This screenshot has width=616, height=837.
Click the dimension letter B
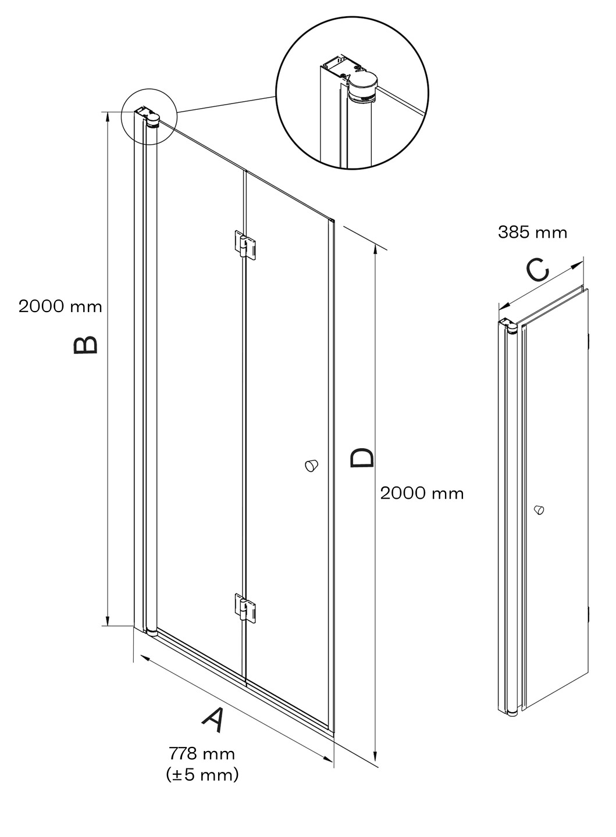pyautogui.click(x=86, y=344)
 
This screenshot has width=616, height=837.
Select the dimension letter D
pyautogui.click(x=362, y=458)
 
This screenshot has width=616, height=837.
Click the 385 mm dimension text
pyautogui.click(x=533, y=233)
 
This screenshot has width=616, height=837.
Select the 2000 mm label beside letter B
pyautogui.click(x=60, y=306)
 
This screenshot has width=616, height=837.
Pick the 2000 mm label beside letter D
pyautogui.click(x=422, y=493)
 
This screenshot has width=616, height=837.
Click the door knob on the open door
pyautogui.click(x=311, y=466)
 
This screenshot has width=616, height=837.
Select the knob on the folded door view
pyautogui.click(x=539, y=509)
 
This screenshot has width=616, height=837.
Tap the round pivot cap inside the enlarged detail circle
pyautogui.click(x=363, y=89)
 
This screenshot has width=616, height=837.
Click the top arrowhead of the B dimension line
pyautogui.click(x=108, y=117)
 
